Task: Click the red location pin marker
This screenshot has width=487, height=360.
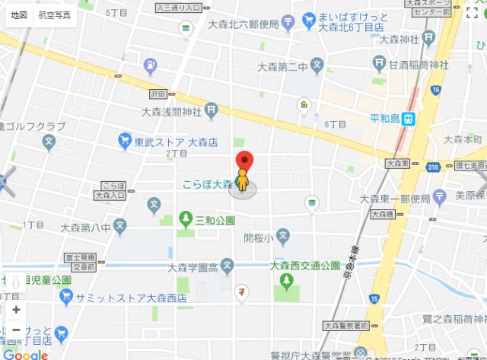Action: (x=243, y=161)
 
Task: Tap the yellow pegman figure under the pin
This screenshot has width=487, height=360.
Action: (x=243, y=183)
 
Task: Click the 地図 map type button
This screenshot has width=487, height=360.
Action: (x=19, y=15)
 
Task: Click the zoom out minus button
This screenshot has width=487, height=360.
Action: (x=16, y=330)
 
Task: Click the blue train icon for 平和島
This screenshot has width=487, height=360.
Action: (x=409, y=118)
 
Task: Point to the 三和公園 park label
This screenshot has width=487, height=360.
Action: (x=215, y=221)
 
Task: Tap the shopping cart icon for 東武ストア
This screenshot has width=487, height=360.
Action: (x=124, y=140)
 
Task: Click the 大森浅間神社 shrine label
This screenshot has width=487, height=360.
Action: (x=171, y=111)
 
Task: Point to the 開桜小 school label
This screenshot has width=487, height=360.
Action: (x=258, y=237)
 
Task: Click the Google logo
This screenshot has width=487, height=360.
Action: (x=27, y=353)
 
